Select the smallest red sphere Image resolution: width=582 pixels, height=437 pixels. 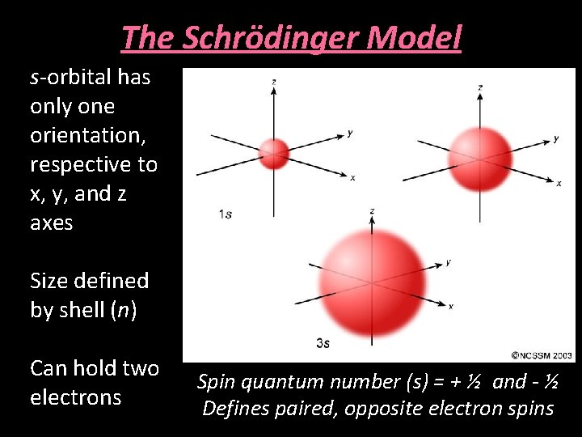274,153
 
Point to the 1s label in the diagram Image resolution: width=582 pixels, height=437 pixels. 226,214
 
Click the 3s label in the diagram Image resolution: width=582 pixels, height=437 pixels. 323,343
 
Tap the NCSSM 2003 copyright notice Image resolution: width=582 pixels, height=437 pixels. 542,354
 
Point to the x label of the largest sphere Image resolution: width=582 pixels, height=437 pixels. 451,306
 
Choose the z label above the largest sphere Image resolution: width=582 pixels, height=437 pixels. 371,210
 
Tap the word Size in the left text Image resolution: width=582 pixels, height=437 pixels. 49,281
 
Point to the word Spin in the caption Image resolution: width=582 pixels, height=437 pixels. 214,382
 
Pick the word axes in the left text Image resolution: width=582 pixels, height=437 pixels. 51,223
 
